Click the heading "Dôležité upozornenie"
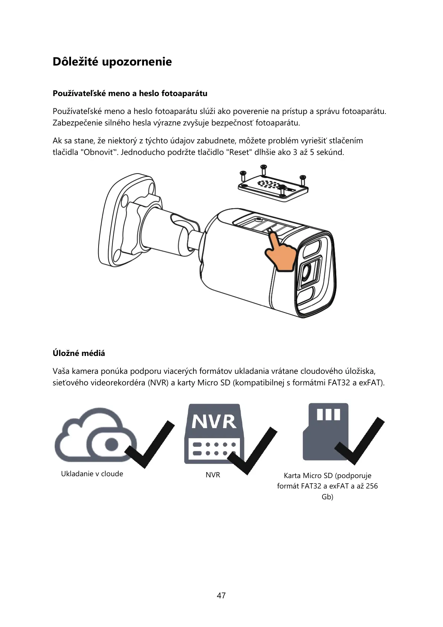112,61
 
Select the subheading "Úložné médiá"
79,353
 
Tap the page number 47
221,595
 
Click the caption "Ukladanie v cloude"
92,474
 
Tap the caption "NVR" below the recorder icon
213,475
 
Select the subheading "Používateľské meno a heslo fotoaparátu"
130,93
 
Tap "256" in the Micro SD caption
372,486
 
